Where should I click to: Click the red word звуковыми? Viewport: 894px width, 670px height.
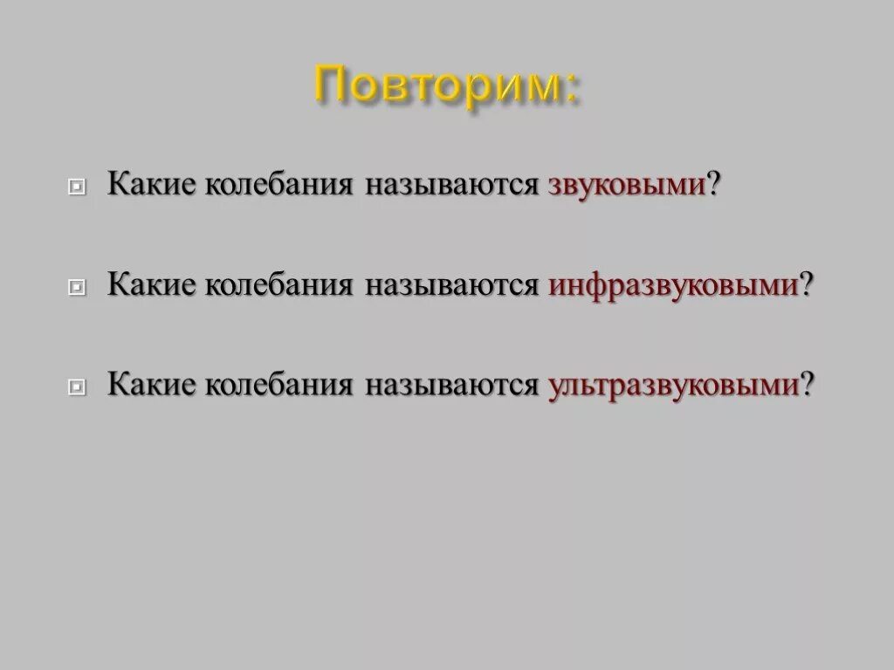[x=627, y=186]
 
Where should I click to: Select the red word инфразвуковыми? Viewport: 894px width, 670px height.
[x=673, y=285]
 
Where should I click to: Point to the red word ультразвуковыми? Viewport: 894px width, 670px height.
[x=673, y=385]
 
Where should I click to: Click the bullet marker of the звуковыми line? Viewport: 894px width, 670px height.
[x=77, y=188]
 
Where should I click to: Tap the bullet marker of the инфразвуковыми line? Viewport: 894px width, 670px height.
[x=77, y=287]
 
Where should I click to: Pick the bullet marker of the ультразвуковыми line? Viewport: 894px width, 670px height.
[x=77, y=386]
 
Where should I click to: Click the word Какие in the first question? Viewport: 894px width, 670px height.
[x=151, y=186]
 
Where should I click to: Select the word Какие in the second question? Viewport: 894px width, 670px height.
[x=151, y=285]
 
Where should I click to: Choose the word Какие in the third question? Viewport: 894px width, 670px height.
[x=151, y=385]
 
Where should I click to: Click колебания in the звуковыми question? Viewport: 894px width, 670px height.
[x=279, y=186]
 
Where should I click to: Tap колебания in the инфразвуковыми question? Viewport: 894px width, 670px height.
[x=279, y=285]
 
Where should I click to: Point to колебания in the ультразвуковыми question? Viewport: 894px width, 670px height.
[x=279, y=385]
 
